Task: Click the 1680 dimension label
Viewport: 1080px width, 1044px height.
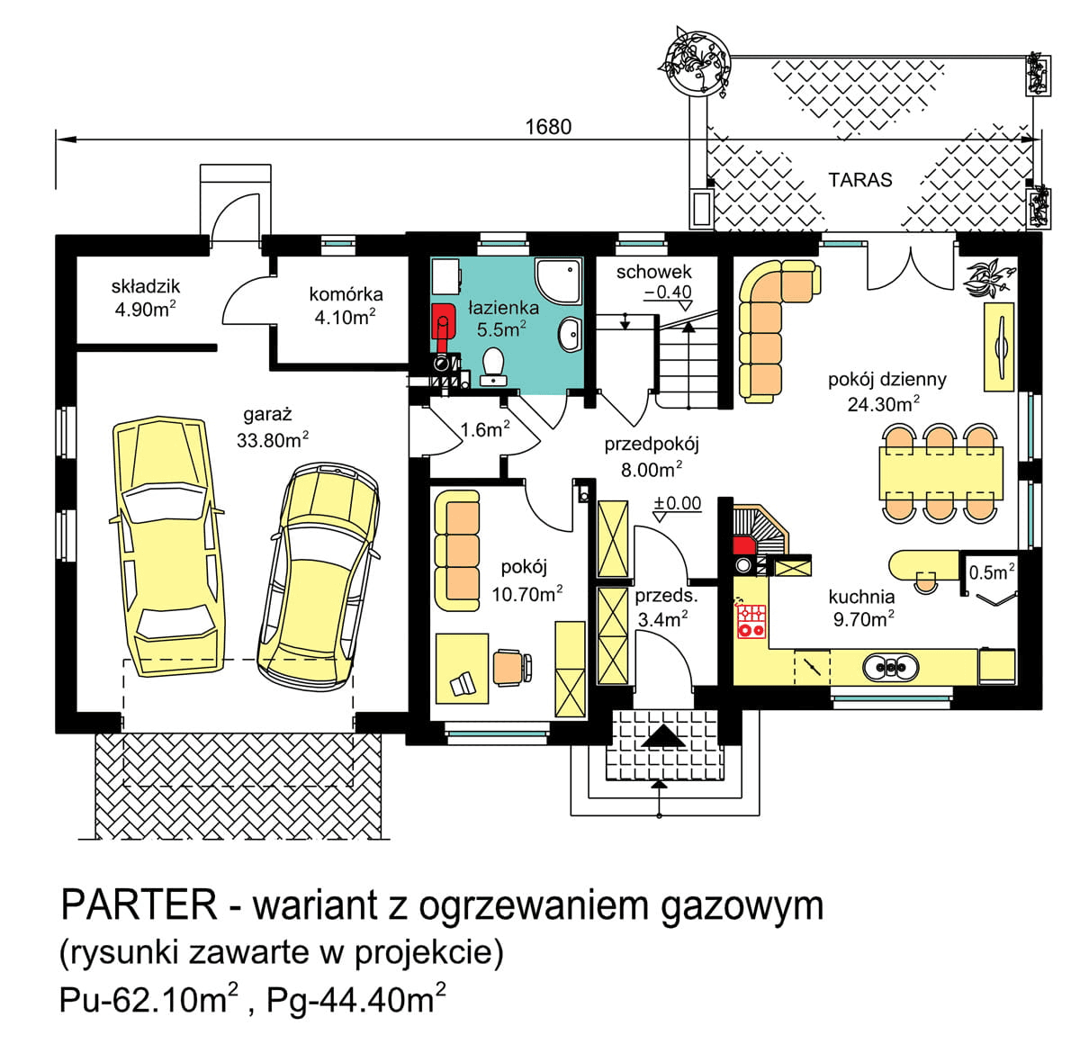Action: click(x=548, y=127)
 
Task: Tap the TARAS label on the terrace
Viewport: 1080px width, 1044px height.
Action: click(x=860, y=180)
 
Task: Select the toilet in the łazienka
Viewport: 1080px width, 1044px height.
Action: click(x=493, y=365)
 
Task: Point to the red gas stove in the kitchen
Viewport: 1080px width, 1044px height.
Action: click(x=751, y=620)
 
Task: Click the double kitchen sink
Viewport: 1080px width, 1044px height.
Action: click(x=891, y=667)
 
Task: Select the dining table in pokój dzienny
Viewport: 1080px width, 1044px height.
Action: click(x=940, y=472)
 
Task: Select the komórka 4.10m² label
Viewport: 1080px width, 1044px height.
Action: click(x=346, y=304)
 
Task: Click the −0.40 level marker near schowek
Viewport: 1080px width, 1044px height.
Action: click(x=668, y=292)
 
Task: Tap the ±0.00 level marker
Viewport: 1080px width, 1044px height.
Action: click(x=678, y=504)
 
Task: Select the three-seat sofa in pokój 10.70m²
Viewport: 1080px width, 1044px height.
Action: click(x=456, y=550)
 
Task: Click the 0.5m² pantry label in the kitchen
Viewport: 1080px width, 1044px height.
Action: click(x=991, y=571)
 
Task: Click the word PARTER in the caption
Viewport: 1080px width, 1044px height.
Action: click(x=139, y=904)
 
